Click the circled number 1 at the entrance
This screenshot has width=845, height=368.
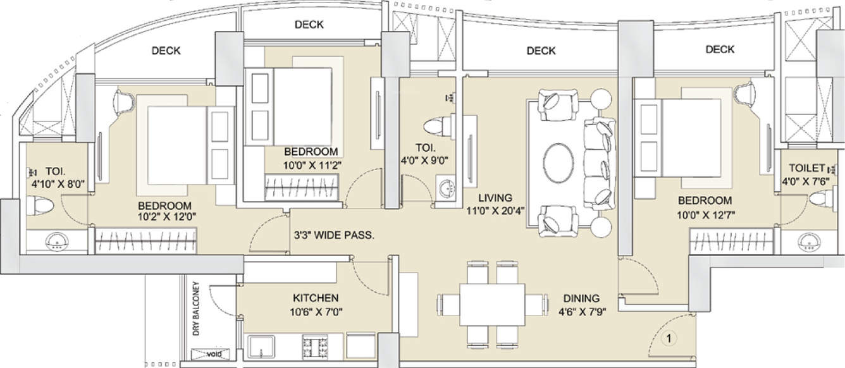tap(669, 338)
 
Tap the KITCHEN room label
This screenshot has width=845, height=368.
tap(316, 298)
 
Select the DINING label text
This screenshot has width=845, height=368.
tap(581, 298)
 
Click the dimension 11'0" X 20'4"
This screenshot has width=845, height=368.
tap(496, 211)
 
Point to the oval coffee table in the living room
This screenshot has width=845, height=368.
tap(558, 163)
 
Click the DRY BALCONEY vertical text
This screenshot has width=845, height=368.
tap(196, 309)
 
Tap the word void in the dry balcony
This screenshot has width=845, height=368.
tap(214, 354)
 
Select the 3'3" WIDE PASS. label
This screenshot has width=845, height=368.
tap(334, 236)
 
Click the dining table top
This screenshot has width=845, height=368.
tap(492, 305)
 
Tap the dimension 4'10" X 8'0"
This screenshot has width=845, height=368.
tap(58, 185)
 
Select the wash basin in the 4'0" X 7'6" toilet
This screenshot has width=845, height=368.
tap(808, 242)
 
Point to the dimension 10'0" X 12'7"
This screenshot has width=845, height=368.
tap(706, 215)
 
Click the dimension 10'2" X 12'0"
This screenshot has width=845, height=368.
tap(167, 217)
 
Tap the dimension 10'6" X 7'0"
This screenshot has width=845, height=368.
tap(316, 312)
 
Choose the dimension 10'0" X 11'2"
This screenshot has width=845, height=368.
tap(312, 165)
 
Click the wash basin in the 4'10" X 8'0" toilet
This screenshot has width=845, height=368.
tap(57, 242)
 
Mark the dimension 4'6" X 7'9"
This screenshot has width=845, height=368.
tap(582, 312)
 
